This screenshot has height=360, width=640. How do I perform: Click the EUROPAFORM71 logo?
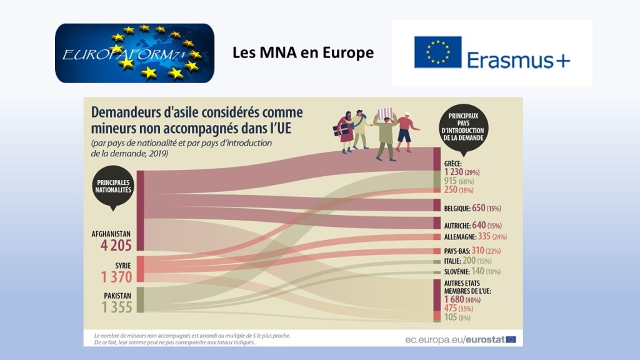pos(134,53)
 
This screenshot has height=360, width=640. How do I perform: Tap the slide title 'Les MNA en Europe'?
pos(302,52)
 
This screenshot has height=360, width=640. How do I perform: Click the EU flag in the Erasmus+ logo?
pos(437,52)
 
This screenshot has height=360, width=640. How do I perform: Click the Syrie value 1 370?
pos(114,276)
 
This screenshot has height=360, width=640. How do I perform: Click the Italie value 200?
pos(468,261)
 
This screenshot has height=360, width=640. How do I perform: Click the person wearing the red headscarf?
pos(346,128)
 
